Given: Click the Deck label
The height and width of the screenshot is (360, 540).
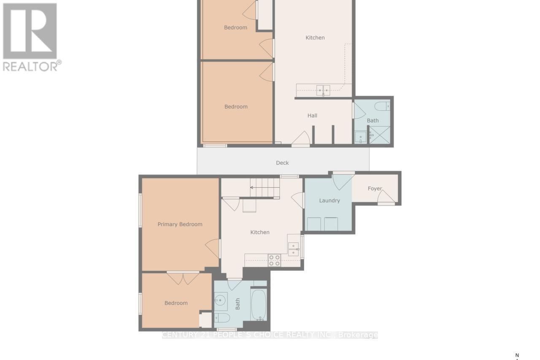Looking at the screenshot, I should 282,163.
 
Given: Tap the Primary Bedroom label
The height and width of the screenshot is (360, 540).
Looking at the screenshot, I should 180,224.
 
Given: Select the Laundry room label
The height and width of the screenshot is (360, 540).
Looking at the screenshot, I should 329,200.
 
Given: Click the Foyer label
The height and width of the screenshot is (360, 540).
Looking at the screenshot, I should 375,189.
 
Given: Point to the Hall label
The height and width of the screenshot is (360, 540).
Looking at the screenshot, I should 312,116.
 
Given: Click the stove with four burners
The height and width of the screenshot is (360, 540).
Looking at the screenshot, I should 275,260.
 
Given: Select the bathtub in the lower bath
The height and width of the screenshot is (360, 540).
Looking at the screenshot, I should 259,304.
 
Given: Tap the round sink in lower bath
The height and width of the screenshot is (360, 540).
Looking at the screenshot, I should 220,300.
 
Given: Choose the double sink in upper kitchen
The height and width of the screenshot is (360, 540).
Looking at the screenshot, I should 324,90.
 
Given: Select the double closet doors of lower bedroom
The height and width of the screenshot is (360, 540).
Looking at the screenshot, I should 183,278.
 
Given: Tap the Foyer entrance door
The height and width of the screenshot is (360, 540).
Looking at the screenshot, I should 386,198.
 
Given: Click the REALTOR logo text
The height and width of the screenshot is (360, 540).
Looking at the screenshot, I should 32,66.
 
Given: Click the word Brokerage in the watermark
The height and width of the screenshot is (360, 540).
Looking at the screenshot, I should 359,335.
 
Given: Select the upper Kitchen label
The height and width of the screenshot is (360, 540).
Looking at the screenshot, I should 315,38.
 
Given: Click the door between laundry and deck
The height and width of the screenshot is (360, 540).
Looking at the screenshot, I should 343,181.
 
